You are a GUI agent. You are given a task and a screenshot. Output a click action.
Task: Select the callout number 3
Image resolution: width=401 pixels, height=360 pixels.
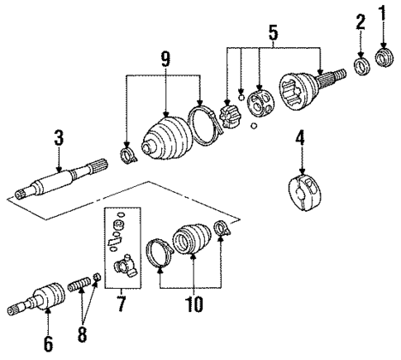point(58,137)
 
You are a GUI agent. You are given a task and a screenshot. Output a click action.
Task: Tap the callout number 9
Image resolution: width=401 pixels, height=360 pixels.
point(165,60)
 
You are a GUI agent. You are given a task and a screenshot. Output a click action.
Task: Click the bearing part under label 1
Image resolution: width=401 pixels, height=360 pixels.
point(383,59)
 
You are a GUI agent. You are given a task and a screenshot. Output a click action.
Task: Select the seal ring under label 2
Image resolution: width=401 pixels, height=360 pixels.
point(360,65)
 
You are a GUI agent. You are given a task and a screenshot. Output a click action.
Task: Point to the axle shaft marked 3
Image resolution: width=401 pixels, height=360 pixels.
point(62,181)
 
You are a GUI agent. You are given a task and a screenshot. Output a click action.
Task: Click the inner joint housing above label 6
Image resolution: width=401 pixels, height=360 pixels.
point(47,295)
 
